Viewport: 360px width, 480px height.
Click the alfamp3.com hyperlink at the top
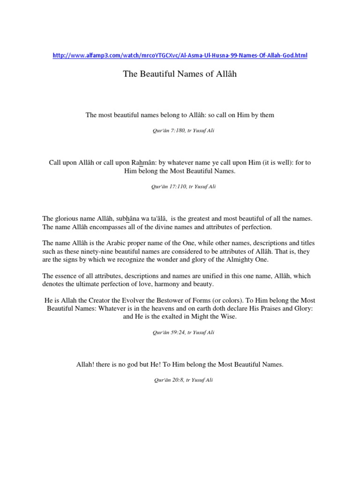point(180,55)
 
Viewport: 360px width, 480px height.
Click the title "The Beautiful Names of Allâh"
point(180,74)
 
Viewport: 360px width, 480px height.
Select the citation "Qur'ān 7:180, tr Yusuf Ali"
point(180,131)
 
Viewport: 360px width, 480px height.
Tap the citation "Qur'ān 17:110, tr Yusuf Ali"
point(180,186)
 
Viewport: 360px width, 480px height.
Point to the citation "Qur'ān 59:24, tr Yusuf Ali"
point(180,332)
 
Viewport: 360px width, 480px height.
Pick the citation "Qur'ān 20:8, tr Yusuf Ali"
point(180,380)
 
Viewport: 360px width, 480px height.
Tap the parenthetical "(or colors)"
point(244,300)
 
